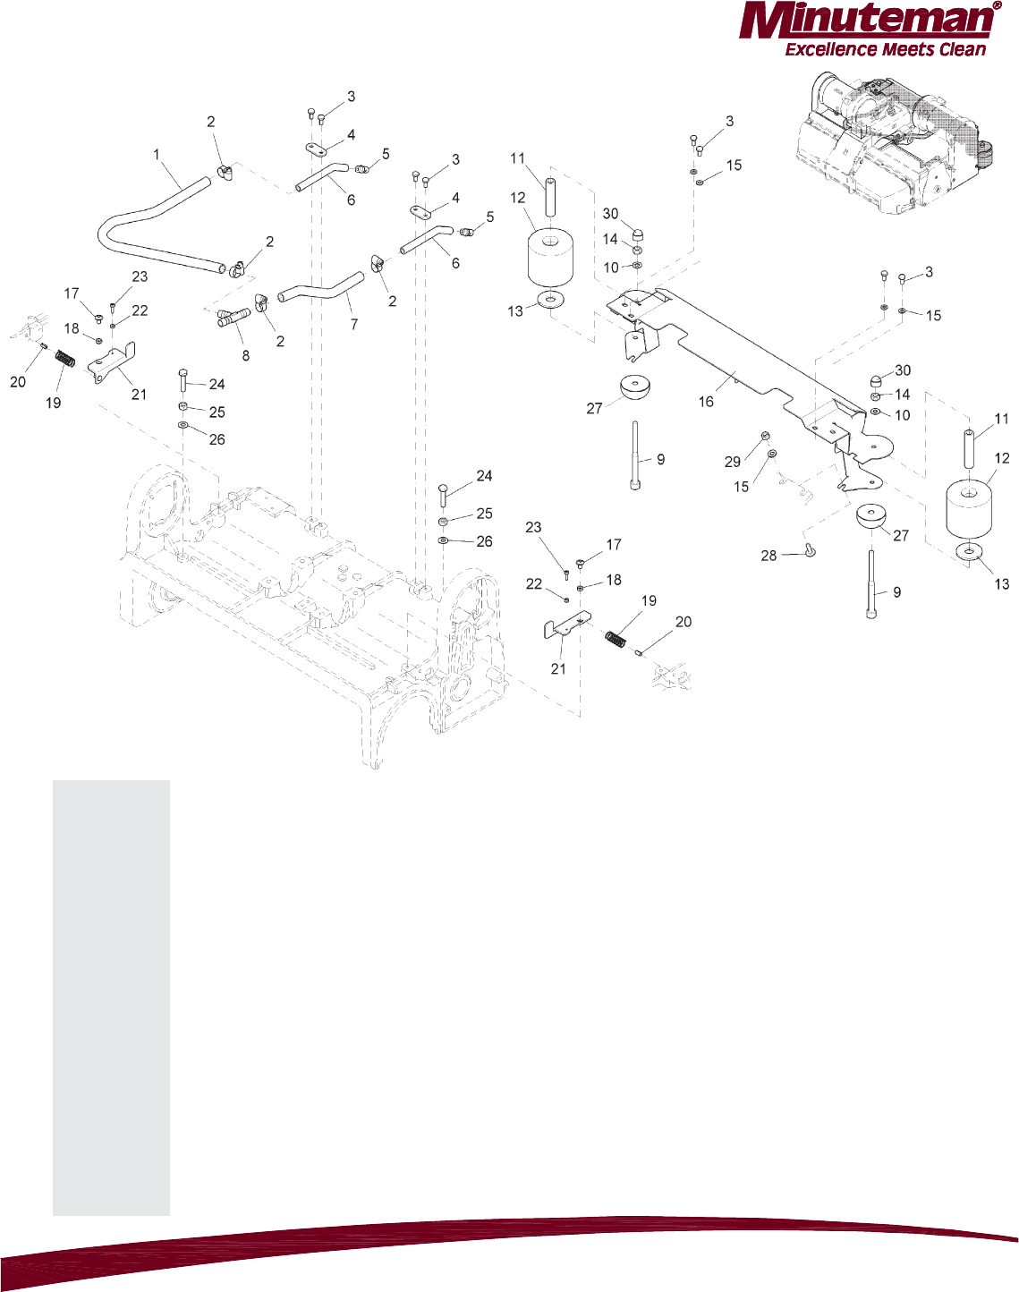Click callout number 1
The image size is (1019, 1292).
157,155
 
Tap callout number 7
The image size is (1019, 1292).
354,324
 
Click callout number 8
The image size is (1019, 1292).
245,355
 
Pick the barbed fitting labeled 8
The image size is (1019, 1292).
234,317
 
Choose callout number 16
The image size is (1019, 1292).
706,402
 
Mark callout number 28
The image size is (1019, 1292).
768,556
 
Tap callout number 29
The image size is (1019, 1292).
733,462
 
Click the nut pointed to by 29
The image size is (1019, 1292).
766,436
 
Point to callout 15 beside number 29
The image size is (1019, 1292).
742,487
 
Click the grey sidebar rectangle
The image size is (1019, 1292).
111,998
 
